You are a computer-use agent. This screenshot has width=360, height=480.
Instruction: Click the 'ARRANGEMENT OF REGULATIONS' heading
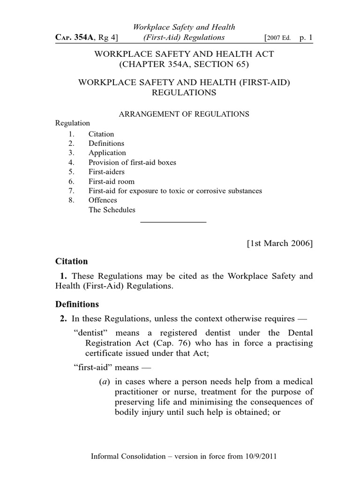click(x=183, y=114)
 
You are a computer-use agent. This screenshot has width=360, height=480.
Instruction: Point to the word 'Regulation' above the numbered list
click(x=73, y=123)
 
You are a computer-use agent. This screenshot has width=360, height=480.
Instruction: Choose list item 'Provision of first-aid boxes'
click(x=132, y=162)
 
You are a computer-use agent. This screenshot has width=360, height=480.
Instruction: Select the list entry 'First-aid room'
click(x=112, y=181)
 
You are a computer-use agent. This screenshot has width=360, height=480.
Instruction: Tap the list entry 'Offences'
click(x=103, y=200)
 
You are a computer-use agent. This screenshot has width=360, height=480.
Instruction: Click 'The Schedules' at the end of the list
click(x=112, y=210)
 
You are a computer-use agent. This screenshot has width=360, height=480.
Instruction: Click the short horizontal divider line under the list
click(x=173, y=221)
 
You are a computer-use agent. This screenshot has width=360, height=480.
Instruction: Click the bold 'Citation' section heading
click(x=71, y=261)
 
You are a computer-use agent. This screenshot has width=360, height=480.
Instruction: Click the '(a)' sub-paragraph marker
click(x=104, y=382)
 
